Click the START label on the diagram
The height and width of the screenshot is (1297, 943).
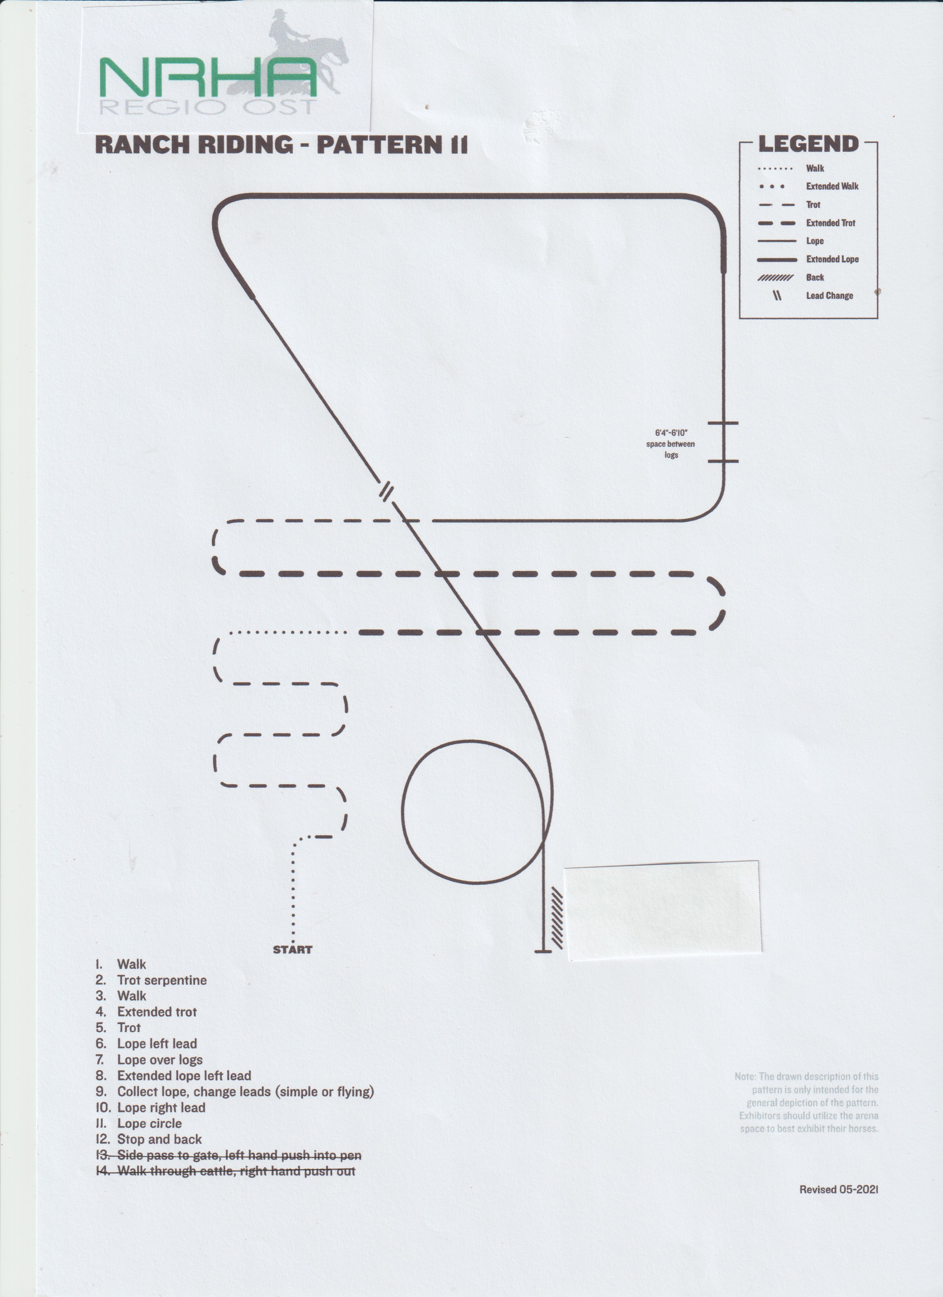point(293,950)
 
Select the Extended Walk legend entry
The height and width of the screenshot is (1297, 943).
point(832,186)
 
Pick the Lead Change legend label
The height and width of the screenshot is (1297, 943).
point(829,296)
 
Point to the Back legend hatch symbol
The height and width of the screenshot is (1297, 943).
point(775,277)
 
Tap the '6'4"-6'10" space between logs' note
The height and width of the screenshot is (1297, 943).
point(671,444)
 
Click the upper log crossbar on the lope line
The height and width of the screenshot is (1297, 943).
point(723,423)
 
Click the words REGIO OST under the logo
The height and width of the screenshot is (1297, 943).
point(208,107)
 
